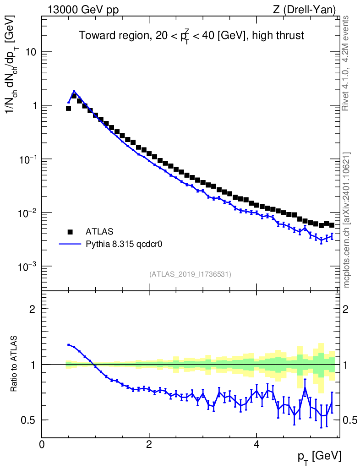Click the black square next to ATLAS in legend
click(70, 231)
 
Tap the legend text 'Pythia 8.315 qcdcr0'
click(125, 244)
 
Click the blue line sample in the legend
click(70, 244)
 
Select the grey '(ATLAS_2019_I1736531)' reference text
click(190, 274)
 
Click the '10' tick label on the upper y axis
click(31, 52)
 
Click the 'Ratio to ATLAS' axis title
click(15, 364)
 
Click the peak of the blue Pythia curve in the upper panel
click(74, 91)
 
